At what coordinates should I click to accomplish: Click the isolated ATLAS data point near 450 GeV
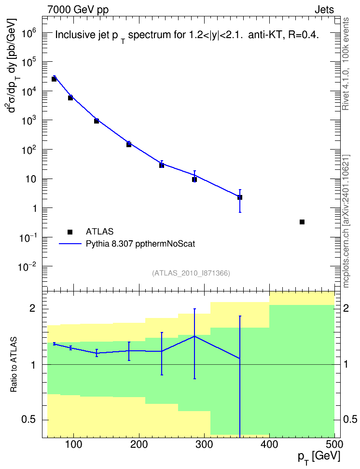[x=302, y=222]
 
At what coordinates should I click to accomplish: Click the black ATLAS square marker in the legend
[x=70, y=232]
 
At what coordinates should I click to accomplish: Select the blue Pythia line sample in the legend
[x=70, y=244]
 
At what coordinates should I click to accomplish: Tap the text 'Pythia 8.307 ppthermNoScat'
[x=140, y=244]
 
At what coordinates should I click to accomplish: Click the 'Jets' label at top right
[x=324, y=10]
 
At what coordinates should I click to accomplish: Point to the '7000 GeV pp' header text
[x=78, y=10]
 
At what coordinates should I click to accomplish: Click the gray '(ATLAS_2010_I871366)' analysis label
[x=191, y=273]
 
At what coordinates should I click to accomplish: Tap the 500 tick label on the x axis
[x=334, y=444]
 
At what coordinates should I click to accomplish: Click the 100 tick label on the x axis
[x=74, y=444]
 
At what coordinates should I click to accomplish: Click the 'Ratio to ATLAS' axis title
[x=14, y=365]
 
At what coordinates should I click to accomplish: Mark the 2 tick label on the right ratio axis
[x=346, y=308]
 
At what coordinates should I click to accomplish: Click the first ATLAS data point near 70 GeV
[x=54, y=79]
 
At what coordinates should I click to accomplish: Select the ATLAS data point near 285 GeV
[x=194, y=179]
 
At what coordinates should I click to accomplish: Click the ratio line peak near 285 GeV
[x=194, y=336]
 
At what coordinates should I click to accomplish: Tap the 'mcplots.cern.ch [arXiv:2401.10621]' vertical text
[x=346, y=221]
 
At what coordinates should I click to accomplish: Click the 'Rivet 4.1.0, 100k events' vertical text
[x=346, y=64]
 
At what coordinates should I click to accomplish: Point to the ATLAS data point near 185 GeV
[x=129, y=144]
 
